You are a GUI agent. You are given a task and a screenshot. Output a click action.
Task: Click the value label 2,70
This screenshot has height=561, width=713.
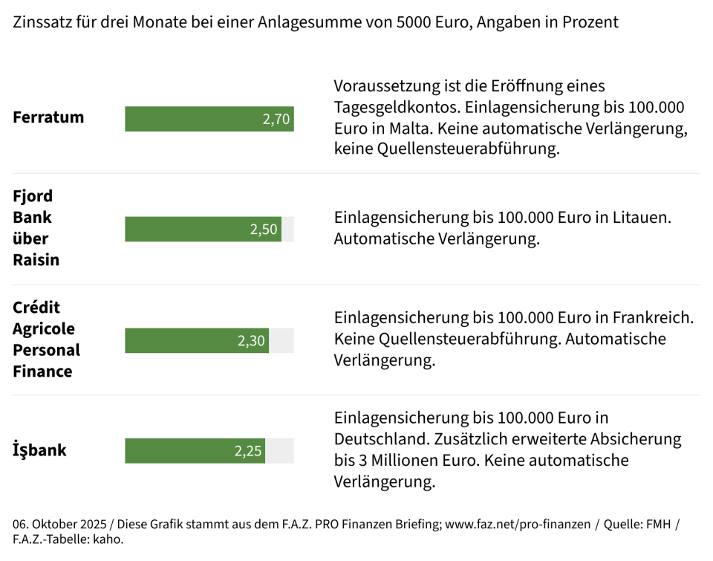(276, 119)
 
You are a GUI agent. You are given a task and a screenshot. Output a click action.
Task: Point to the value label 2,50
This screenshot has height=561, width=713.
(264, 230)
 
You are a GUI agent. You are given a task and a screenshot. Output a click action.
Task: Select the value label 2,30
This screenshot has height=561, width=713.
(251, 340)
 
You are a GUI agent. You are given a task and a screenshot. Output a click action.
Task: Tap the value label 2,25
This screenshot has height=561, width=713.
(248, 451)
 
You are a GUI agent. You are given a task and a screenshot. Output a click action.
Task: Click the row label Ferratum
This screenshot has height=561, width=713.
(48, 117)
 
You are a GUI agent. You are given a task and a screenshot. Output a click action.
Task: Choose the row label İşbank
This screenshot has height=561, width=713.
(39, 450)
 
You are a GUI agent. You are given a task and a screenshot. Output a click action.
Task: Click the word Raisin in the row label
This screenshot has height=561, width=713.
(36, 260)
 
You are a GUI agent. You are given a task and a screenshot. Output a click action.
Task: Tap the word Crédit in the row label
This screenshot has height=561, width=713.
(36, 308)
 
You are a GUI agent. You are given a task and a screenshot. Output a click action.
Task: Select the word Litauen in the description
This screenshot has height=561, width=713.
(642, 218)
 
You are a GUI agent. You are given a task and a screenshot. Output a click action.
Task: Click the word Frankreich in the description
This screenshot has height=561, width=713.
(654, 318)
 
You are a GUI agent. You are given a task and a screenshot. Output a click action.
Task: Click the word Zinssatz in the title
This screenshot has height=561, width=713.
(42, 22)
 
